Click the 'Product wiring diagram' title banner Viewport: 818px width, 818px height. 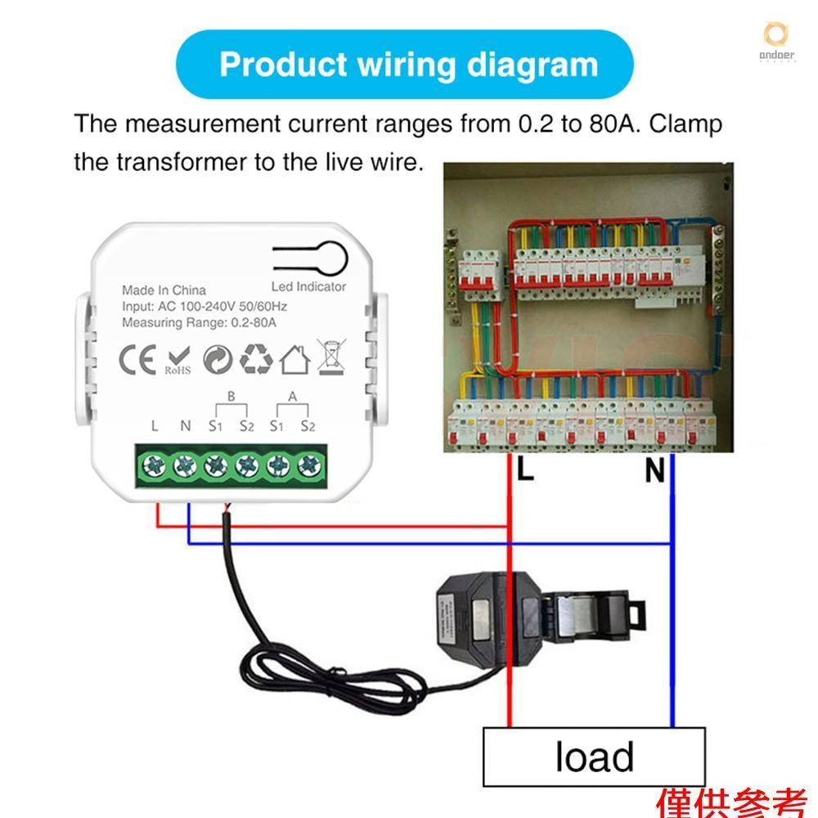pos(407,65)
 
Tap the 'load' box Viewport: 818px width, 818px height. pos(594,756)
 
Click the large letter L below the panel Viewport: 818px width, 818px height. pos(525,470)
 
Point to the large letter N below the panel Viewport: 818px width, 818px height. pos(654,471)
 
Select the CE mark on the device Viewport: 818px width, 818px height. pos(138,359)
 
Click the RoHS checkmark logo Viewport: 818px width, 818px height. pos(178,360)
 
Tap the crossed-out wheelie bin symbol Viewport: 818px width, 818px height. pos(330,358)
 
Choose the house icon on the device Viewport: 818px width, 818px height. pos(294,359)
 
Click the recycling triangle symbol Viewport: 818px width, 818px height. pos(256,358)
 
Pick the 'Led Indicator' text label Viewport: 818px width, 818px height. pos(308,286)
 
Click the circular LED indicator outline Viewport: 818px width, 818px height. pos(333,254)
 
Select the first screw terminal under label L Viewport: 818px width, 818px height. pos(153,466)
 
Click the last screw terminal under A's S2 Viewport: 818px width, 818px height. pos(308,466)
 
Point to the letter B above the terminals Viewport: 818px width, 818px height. pos(231,397)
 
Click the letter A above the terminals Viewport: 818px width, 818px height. pos(292,397)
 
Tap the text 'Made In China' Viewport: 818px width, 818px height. pos(164,290)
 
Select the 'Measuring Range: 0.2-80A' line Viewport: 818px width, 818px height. pos(200,323)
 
